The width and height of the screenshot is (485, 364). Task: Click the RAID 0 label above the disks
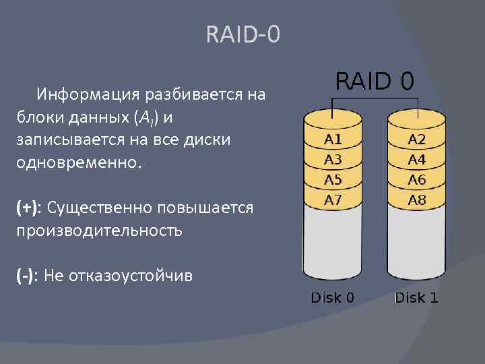[x=375, y=82]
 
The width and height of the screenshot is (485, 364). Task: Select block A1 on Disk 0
[x=333, y=140]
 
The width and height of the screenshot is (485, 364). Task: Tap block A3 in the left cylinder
[x=333, y=160]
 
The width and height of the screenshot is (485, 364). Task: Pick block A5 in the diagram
[x=333, y=180]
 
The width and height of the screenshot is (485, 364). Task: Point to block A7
[x=333, y=200]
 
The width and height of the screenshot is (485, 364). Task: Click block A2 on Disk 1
[x=417, y=140]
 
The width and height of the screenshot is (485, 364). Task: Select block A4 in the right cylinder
[x=417, y=160]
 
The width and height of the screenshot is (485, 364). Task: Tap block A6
[x=417, y=180]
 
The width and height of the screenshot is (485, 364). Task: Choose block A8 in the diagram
[x=417, y=200]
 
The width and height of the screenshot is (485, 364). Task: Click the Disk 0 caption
[x=333, y=297]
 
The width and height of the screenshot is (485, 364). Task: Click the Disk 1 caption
[x=416, y=297]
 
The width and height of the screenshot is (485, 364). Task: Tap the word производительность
[x=99, y=231]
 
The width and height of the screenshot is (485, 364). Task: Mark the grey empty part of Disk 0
[x=333, y=243]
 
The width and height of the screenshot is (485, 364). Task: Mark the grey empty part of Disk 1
[x=417, y=243]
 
